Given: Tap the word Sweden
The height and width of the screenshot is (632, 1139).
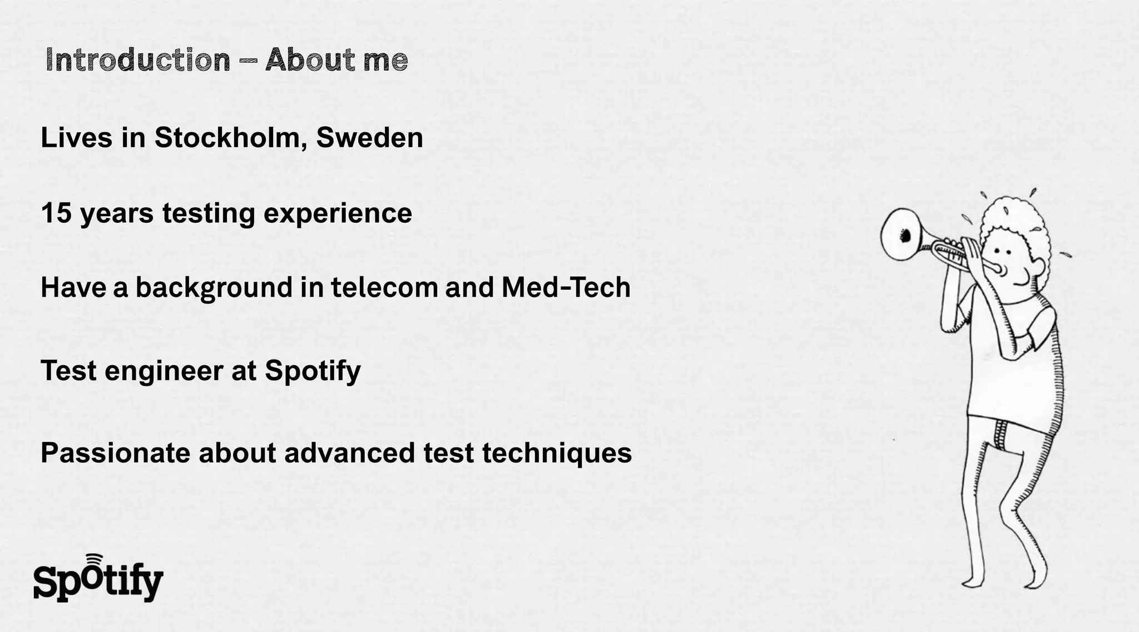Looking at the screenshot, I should tap(370, 137).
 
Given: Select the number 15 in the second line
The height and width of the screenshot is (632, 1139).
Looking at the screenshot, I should tap(56, 213).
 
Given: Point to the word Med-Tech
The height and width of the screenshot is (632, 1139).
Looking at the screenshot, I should tap(566, 287).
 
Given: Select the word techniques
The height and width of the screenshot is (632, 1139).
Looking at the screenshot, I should tap(557, 452).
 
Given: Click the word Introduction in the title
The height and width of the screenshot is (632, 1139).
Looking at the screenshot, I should tap(138, 59).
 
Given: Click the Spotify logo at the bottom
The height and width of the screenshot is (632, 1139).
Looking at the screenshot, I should tap(98, 581).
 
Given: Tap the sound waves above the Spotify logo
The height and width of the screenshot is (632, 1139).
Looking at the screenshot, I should tap(95, 558).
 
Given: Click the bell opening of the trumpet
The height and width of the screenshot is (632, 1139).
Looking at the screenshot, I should tap(900, 235).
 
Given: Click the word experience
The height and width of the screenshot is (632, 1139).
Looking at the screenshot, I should tap(338, 213).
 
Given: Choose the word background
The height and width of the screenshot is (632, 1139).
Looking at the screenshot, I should tap(214, 287).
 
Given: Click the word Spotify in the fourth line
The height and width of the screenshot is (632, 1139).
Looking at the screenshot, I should tap(313, 371).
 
